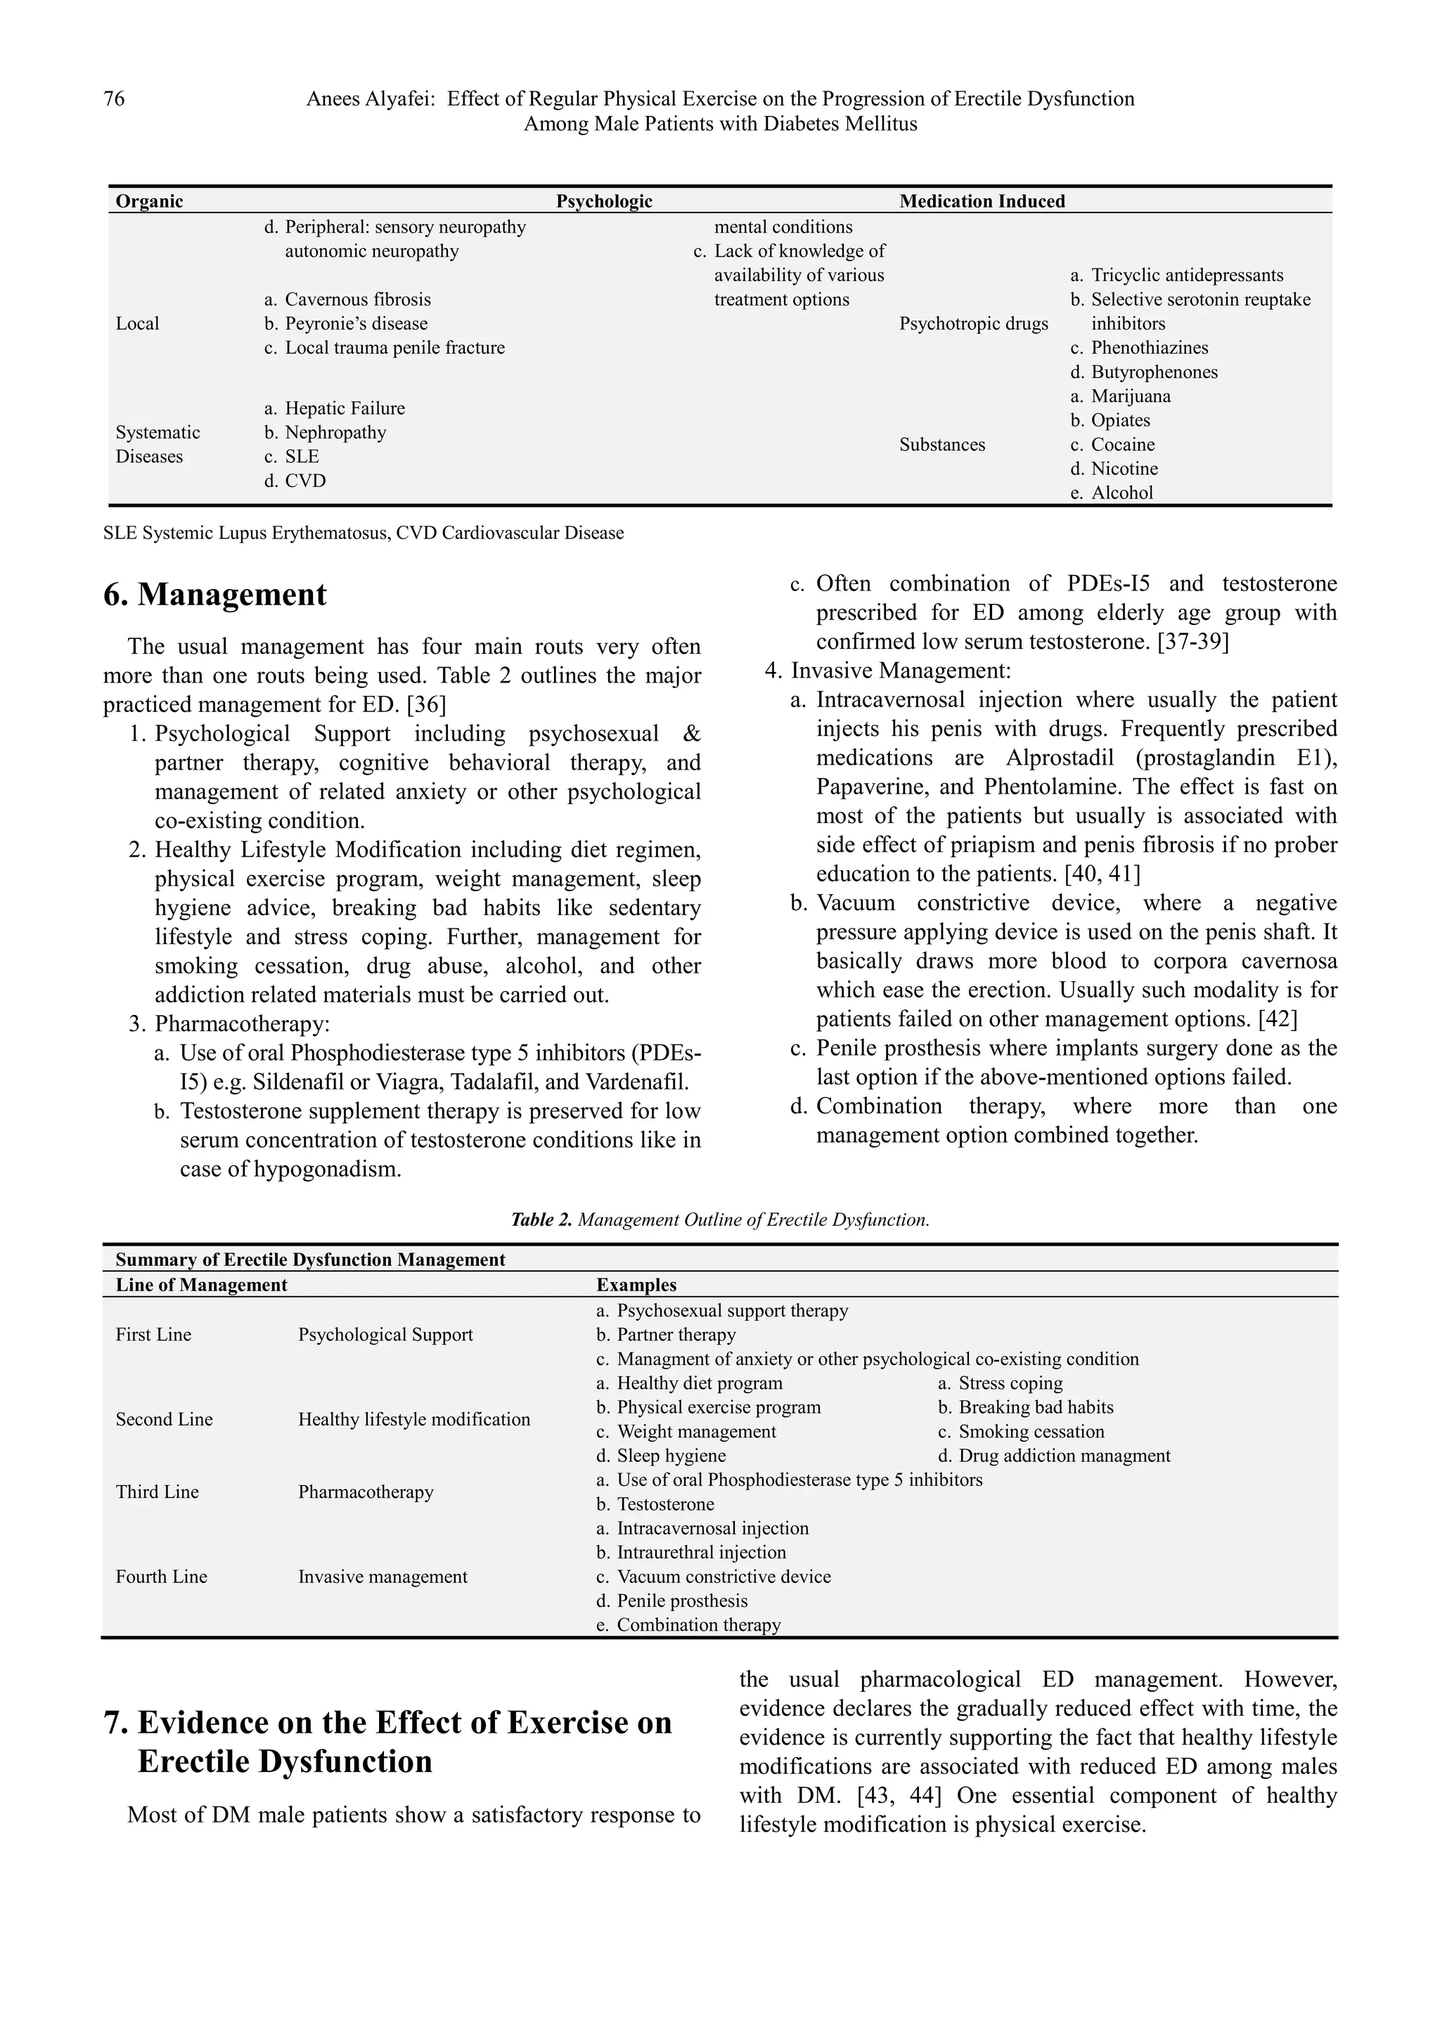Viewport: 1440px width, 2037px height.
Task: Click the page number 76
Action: click(x=115, y=98)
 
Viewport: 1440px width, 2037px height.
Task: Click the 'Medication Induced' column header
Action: click(x=982, y=202)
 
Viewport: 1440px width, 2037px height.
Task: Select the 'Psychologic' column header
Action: click(x=603, y=202)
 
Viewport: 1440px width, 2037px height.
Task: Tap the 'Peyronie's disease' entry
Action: click(x=356, y=324)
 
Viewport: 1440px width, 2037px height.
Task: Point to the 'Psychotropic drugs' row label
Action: click(x=973, y=324)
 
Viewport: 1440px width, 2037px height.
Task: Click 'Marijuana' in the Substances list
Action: click(x=1131, y=396)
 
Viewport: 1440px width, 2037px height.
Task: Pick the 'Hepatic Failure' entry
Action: click(x=345, y=409)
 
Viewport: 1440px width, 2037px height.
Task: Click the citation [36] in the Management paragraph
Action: click(x=426, y=705)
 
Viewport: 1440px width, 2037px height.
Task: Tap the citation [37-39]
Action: click(x=1193, y=642)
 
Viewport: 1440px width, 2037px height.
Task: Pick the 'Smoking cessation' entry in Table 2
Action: click(x=1031, y=1432)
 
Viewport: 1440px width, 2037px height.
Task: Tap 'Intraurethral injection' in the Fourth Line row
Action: click(x=701, y=1553)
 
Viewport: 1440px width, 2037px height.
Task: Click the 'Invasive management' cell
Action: click(x=382, y=1577)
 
